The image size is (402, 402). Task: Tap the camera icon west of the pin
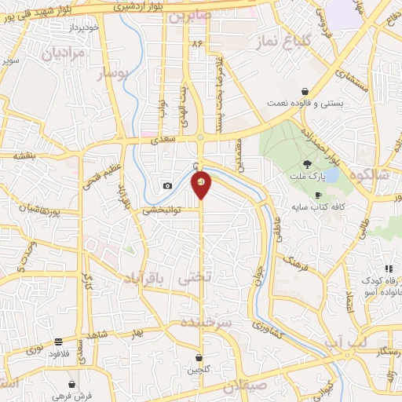pos(167,186)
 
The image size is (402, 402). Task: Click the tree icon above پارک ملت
pos(308,165)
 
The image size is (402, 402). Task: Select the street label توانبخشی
pos(161,210)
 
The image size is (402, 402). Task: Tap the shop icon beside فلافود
pos(59,342)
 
